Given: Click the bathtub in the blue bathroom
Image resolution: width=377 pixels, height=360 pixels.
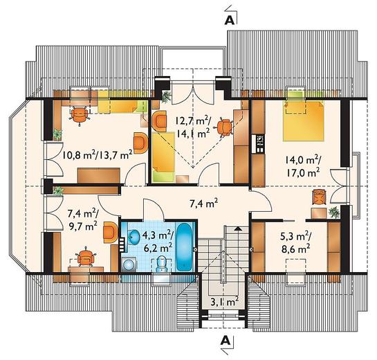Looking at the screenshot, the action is click(x=184, y=247).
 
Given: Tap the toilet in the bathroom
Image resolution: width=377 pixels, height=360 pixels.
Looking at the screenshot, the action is click(x=161, y=264).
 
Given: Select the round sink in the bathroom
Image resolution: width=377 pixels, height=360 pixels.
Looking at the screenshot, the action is click(x=134, y=237).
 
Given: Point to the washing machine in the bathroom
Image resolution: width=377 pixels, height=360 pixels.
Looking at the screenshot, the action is click(x=129, y=264).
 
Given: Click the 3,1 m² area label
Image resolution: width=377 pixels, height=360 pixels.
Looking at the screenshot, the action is click(x=224, y=302).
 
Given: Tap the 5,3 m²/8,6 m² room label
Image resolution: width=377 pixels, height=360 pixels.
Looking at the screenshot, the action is click(x=295, y=243).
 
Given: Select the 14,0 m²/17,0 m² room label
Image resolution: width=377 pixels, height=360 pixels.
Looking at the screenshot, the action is click(x=303, y=165).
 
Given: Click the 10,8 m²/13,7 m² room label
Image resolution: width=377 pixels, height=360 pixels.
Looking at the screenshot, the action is click(x=98, y=155).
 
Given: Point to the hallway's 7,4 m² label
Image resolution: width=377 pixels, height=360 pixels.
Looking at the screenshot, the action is click(x=204, y=204).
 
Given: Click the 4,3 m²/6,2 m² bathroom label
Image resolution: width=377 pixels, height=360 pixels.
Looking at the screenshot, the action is click(x=158, y=241).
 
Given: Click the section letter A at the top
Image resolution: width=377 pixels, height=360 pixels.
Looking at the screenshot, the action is click(x=230, y=21).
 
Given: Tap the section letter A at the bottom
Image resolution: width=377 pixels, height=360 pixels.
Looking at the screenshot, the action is click(x=226, y=340).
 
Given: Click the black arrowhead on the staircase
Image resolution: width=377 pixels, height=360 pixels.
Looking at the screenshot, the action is click(x=238, y=228).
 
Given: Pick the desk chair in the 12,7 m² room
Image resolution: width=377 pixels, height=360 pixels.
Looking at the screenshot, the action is click(x=225, y=127).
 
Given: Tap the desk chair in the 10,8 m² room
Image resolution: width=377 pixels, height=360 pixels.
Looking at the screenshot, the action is click(x=80, y=116).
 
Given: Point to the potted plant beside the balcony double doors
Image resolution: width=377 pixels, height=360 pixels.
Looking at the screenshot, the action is click(x=166, y=96).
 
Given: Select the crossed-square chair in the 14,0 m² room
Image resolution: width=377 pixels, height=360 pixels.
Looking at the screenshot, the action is click(x=319, y=197).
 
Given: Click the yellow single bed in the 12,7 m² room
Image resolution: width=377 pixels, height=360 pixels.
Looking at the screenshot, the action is click(x=163, y=156).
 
